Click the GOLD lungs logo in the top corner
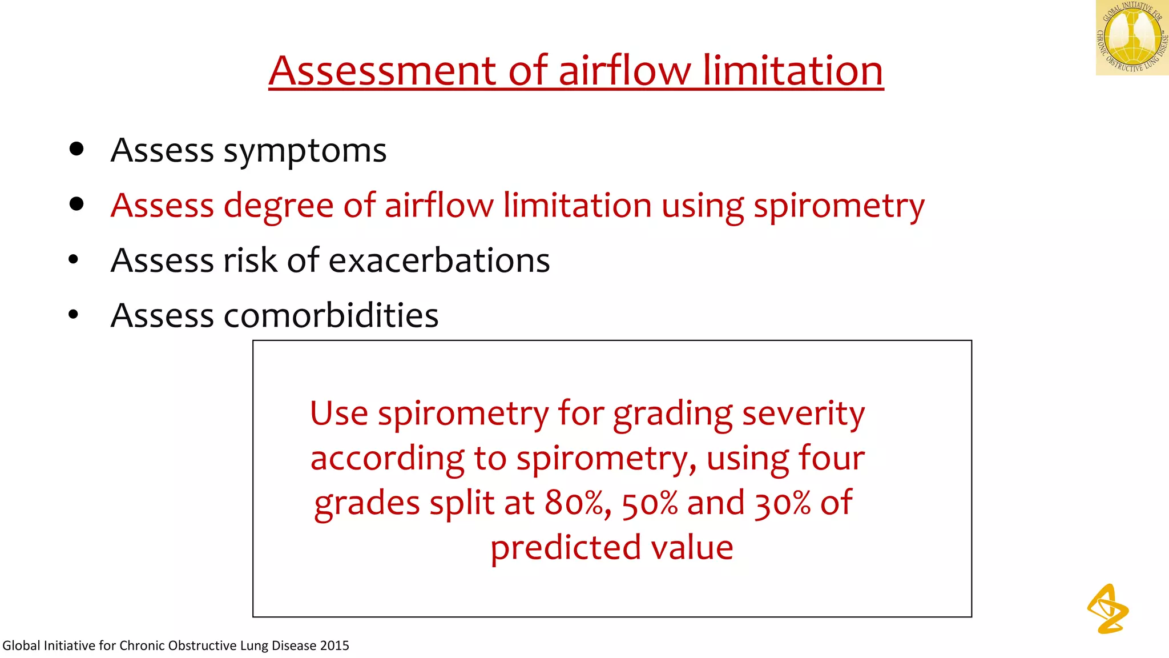[x=1132, y=38]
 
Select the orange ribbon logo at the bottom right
[x=1107, y=609]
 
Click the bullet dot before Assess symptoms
[x=76, y=150]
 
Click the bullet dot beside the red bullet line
[x=76, y=204]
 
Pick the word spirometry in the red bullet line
[x=839, y=207]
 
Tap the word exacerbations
[x=439, y=260]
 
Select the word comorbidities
[x=331, y=315]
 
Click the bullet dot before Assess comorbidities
[x=73, y=314]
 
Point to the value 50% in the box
[x=650, y=503]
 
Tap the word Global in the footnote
[x=21, y=645]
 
